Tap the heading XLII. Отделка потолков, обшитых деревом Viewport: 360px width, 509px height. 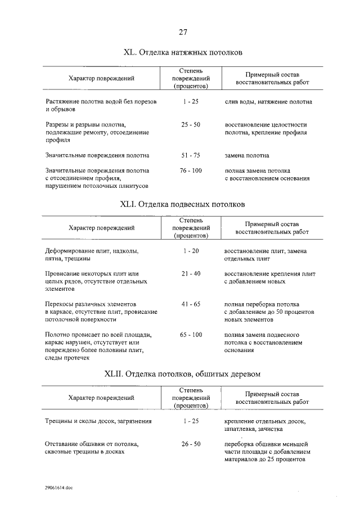[x=182, y=373]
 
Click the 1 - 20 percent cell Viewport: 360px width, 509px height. [x=191, y=250]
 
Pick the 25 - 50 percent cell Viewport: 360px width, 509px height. [x=191, y=124]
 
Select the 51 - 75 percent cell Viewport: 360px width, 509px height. [x=191, y=155]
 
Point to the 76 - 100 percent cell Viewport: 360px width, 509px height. [x=191, y=170]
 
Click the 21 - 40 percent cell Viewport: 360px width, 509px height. [x=191, y=273]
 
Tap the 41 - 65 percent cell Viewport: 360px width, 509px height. [x=191, y=303]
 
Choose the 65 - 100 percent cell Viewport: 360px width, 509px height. [x=191, y=335]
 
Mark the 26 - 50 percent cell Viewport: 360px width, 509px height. [x=191, y=444]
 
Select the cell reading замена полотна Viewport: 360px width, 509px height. [x=247, y=155]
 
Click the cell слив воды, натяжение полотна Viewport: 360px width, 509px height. [x=268, y=102]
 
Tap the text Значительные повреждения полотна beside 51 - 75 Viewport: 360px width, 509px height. [x=97, y=155]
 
